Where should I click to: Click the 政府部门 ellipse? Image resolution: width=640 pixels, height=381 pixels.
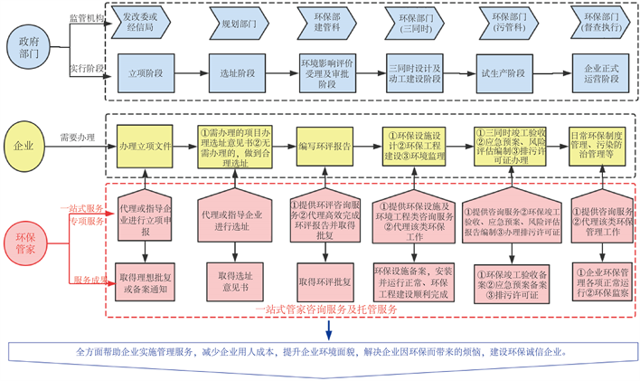[x=26, y=45]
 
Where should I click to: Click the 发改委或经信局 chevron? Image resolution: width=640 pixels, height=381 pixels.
[x=142, y=21]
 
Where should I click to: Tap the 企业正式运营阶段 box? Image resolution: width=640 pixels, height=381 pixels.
[x=601, y=72]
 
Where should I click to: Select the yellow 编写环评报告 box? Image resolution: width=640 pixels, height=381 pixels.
[x=325, y=146]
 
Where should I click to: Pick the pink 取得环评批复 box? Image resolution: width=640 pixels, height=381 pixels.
[x=325, y=281]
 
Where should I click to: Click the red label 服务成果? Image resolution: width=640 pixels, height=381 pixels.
[x=89, y=280]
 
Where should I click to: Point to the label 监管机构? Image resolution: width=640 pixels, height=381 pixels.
[x=87, y=17]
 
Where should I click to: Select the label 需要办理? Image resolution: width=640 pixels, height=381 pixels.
[x=78, y=138]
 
